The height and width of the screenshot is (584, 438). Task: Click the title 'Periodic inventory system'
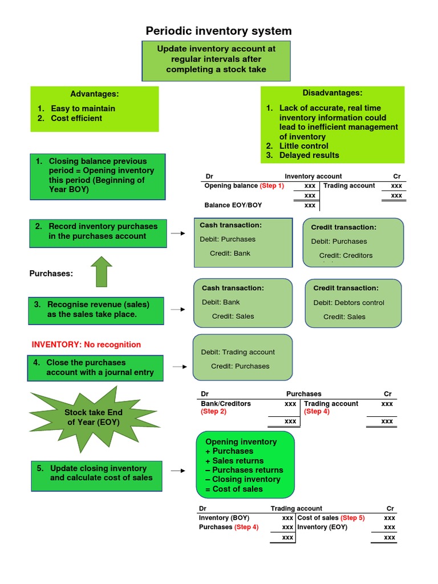tap(218, 31)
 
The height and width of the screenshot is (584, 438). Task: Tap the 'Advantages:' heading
tap(94, 94)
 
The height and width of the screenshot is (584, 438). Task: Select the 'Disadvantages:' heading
tap(332, 93)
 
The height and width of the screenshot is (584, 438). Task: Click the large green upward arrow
tap(102, 272)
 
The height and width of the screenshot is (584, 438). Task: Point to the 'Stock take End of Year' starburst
tap(93, 417)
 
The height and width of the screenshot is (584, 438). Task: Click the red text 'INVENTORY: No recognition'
tap(86, 344)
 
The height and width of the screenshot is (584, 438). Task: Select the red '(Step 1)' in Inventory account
tap(271, 186)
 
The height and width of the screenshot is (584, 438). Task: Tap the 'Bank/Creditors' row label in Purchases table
tap(226, 404)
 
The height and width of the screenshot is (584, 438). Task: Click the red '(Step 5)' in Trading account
tap(352, 518)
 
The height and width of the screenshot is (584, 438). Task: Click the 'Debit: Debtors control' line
tap(349, 303)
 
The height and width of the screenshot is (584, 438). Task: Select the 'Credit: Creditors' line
tap(346, 255)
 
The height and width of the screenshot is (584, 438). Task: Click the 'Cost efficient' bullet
tap(76, 118)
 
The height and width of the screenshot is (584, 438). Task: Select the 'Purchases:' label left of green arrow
tap(51, 274)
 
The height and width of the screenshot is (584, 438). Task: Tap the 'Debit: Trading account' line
tap(238, 352)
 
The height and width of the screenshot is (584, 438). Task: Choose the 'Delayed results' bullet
tap(309, 155)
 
